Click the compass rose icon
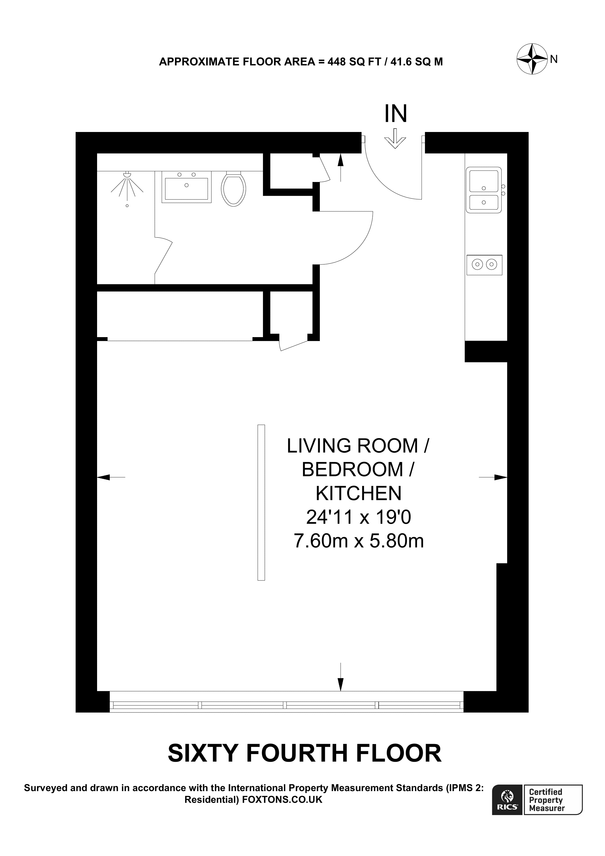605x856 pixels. pos(532,59)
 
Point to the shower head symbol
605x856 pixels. pos(127,186)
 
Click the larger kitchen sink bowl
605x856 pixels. pos(483,181)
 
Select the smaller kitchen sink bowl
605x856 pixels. pos(483,202)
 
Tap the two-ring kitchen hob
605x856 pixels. pos(484,265)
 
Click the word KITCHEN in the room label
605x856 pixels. pos(359,493)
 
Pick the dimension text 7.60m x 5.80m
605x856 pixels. pos(359,541)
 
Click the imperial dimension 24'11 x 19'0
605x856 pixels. pos(359,517)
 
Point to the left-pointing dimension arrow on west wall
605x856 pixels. pos(111,477)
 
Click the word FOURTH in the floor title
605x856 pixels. pos(296,753)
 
